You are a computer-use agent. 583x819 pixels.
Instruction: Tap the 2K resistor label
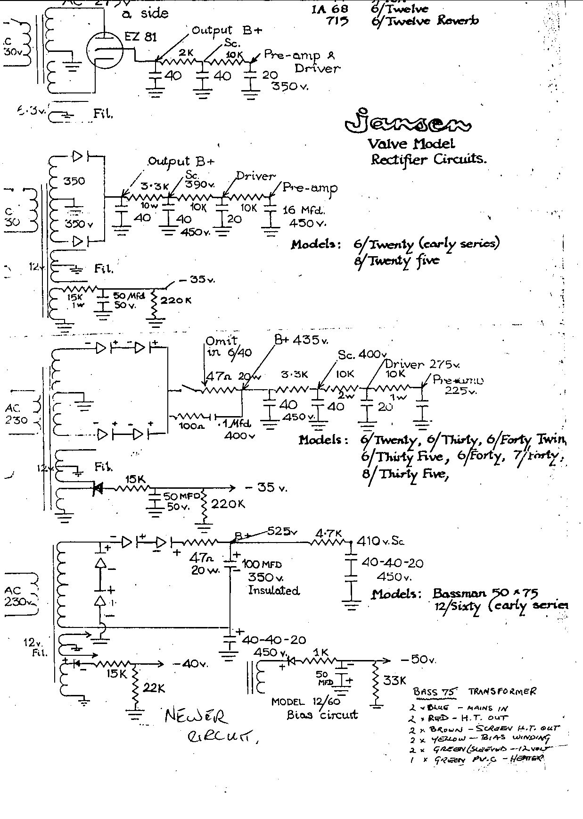(186, 53)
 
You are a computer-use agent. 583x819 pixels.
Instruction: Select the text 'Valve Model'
(411, 143)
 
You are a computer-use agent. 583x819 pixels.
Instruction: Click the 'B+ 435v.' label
(302, 340)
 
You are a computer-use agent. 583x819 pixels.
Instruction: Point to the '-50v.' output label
(418, 659)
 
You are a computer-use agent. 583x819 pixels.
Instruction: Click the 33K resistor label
(394, 680)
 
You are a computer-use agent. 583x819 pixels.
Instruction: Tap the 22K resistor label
(154, 688)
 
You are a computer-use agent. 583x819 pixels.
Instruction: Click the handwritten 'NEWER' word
(196, 717)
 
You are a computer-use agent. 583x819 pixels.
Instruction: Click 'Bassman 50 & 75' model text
(485, 593)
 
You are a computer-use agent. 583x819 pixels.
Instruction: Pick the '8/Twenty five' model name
(397, 260)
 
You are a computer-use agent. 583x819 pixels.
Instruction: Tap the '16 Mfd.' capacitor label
(304, 210)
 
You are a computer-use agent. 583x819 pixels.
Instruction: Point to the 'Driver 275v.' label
(421, 364)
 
